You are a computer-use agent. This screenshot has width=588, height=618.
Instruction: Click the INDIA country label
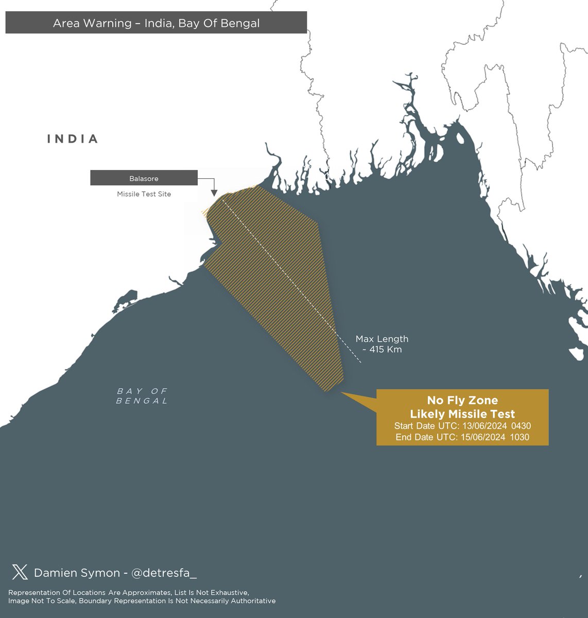(x=73, y=139)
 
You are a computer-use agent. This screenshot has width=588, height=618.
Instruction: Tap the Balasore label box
(x=144, y=178)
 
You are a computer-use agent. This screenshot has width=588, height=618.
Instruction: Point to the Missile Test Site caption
(x=144, y=194)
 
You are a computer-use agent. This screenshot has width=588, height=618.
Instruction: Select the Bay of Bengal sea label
(x=142, y=396)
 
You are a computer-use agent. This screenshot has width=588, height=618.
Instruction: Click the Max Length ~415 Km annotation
(x=382, y=344)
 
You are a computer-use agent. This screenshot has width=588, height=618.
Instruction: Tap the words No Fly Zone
(x=462, y=401)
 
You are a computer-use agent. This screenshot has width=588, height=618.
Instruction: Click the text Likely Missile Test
(x=462, y=414)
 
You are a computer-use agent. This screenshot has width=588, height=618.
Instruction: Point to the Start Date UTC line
(x=462, y=426)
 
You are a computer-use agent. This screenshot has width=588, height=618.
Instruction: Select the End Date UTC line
(x=462, y=437)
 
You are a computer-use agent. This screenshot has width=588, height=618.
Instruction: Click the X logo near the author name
(x=20, y=572)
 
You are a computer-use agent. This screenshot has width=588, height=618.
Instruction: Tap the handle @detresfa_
(x=164, y=573)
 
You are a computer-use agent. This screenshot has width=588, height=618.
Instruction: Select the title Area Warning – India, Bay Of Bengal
(x=156, y=23)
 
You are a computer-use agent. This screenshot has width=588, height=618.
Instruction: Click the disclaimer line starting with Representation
(x=129, y=593)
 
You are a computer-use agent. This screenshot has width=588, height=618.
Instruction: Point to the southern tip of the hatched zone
(x=326, y=391)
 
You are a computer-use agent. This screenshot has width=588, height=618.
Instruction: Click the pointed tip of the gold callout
(x=341, y=392)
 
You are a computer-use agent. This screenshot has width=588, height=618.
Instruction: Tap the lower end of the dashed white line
(x=361, y=363)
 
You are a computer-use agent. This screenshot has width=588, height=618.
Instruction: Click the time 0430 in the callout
(x=521, y=426)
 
